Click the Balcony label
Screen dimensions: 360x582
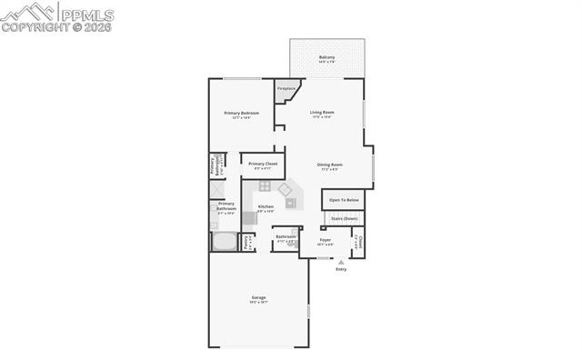click(327, 57)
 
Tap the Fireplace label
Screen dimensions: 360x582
click(287, 88)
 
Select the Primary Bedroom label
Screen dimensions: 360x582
click(242, 112)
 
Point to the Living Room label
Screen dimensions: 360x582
click(322, 112)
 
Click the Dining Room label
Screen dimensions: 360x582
click(329, 165)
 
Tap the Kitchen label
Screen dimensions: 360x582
click(266, 206)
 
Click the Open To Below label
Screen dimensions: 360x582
click(344, 199)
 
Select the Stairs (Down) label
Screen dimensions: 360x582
click(344, 218)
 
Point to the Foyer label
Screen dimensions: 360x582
click(325, 239)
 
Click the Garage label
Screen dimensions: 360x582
click(259, 297)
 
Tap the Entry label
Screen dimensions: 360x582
click(341, 269)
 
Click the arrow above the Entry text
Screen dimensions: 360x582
click(341, 262)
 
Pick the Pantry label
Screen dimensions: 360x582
click(246, 242)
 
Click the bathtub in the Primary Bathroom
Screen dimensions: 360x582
click(223, 242)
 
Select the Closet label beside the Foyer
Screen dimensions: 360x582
click(359, 242)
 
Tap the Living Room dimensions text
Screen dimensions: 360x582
click(322, 116)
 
